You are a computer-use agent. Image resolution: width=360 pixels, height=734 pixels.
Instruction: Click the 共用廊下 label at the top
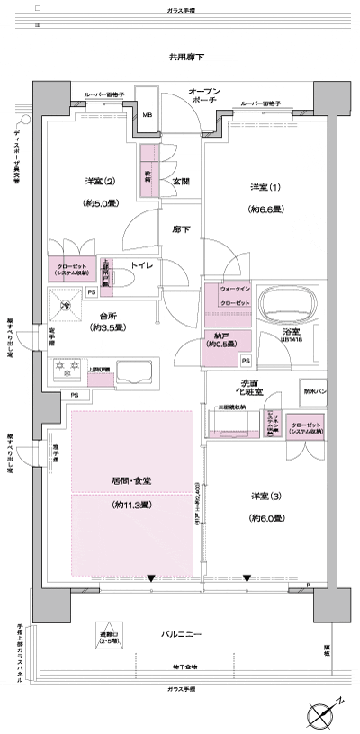click(x=186, y=58)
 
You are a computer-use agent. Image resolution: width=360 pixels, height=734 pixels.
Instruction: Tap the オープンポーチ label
click(x=206, y=97)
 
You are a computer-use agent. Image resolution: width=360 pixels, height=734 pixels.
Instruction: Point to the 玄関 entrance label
click(x=180, y=181)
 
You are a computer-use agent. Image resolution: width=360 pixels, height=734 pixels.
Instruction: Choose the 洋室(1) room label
click(x=260, y=186)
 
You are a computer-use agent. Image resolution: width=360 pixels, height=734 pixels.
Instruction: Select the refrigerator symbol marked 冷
click(x=65, y=306)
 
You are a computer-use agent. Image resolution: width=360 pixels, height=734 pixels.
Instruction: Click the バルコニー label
click(x=182, y=635)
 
